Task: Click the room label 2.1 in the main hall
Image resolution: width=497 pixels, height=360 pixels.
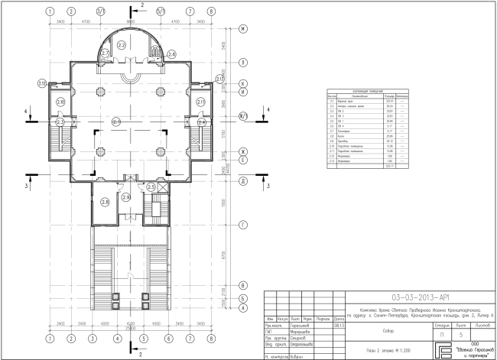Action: click(116, 122)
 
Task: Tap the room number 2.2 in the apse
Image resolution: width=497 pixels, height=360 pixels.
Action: click(122, 46)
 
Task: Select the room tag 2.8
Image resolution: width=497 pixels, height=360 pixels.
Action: click(105, 202)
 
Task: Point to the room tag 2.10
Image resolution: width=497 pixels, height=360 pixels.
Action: click(60, 102)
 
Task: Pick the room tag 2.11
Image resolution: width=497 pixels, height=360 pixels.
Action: click(201, 102)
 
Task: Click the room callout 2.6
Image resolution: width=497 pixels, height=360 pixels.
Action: click(171, 54)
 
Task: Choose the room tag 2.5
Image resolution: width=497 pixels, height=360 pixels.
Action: click(151, 187)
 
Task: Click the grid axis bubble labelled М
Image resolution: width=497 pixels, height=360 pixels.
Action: click(242, 29)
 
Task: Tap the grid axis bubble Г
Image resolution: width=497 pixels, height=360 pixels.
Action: click(242, 225)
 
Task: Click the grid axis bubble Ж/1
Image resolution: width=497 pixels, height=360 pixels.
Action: click(242, 116)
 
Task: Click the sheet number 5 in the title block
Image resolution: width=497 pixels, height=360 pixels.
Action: click(461, 334)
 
